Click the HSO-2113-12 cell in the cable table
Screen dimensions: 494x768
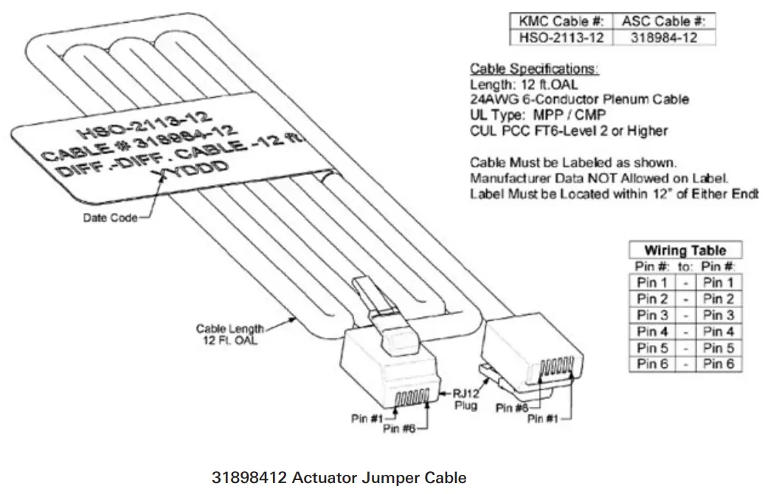[x=558, y=37]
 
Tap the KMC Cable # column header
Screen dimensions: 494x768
[x=558, y=21]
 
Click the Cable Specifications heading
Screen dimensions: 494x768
[x=534, y=69]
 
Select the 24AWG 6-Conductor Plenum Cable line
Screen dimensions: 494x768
[x=579, y=100]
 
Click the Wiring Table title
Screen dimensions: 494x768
[x=685, y=250]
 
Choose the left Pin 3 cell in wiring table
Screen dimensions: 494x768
[x=651, y=315]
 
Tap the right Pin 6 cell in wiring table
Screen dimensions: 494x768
[x=718, y=363]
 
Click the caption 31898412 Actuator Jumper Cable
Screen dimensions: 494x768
[x=339, y=478]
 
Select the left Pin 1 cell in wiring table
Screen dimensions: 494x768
[x=651, y=282]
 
